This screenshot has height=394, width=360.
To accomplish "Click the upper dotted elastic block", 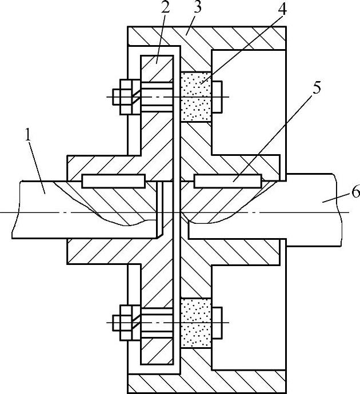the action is (195, 97).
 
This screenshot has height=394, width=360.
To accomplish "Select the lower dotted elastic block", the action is (195, 323).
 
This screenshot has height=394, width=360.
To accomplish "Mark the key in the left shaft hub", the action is (113, 181).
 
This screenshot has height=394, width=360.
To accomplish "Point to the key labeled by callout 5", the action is (227, 181).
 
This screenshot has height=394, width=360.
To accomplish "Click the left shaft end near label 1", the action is (34, 208).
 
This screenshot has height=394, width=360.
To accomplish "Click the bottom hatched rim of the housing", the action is (206, 380).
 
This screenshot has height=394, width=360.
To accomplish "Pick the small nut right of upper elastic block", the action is (217, 97).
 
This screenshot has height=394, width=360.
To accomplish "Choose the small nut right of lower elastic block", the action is (217, 323).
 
